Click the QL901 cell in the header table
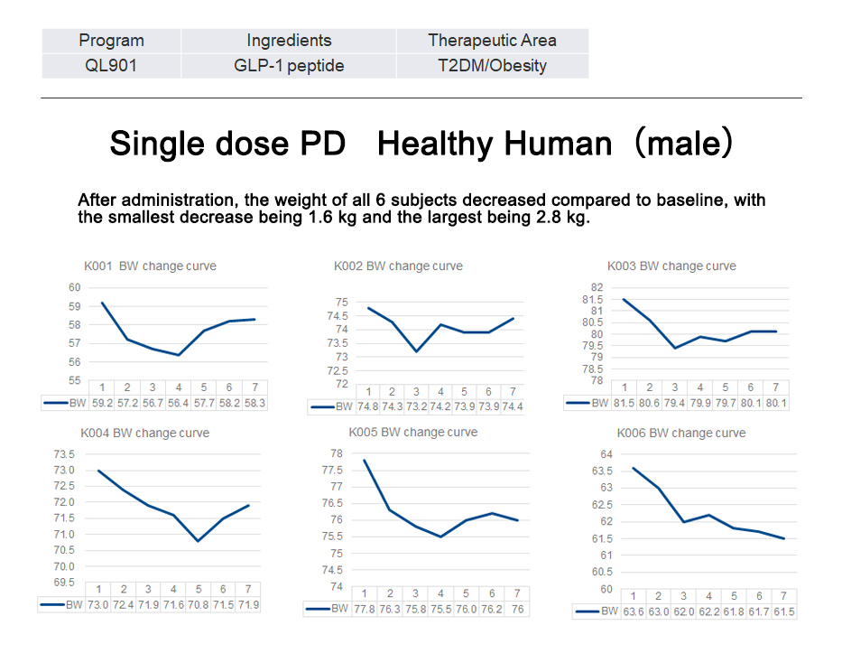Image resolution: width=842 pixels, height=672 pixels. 111,65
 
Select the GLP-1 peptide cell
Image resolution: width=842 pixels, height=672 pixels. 289,65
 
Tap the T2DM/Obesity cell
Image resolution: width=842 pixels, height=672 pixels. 492,65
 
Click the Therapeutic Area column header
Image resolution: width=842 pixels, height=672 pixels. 492,40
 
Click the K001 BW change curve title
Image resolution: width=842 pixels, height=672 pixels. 144,266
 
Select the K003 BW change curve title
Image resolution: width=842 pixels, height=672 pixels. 671,266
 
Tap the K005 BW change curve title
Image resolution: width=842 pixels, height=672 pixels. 413,432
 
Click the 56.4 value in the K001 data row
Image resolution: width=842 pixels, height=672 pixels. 178,403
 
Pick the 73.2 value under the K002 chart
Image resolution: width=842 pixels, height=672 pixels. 416,406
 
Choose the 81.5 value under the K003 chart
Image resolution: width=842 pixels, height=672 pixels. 624,403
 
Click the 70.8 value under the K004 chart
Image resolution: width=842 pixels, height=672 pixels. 198,604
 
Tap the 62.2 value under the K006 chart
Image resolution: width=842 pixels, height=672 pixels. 708,611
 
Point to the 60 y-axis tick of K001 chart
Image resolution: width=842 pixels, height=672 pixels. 74,287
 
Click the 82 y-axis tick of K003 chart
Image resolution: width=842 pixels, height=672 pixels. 597,287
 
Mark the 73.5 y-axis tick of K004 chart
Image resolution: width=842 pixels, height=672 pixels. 65,453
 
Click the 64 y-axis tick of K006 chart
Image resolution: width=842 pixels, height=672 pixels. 606,453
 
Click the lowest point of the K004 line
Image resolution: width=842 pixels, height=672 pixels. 198,541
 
